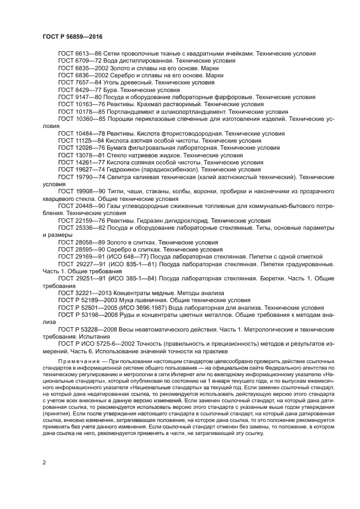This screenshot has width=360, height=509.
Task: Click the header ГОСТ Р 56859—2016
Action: [72, 36]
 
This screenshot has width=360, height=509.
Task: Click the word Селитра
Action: [120, 177]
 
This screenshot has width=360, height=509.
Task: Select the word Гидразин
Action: [155, 220]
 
